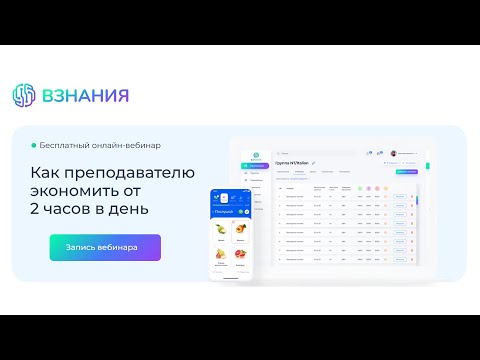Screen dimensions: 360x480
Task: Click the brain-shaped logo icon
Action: [x=23, y=96]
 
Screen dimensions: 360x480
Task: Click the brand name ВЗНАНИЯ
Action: [x=84, y=96]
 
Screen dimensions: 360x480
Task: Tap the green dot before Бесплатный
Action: [x=34, y=145]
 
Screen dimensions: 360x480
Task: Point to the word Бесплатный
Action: [x=71, y=145]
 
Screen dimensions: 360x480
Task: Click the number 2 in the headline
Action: [x=35, y=209]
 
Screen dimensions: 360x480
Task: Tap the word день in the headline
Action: [x=130, y=209]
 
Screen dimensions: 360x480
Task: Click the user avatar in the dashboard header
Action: [x=394, y=153]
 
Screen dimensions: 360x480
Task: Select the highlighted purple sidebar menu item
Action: [x=257, y=165]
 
